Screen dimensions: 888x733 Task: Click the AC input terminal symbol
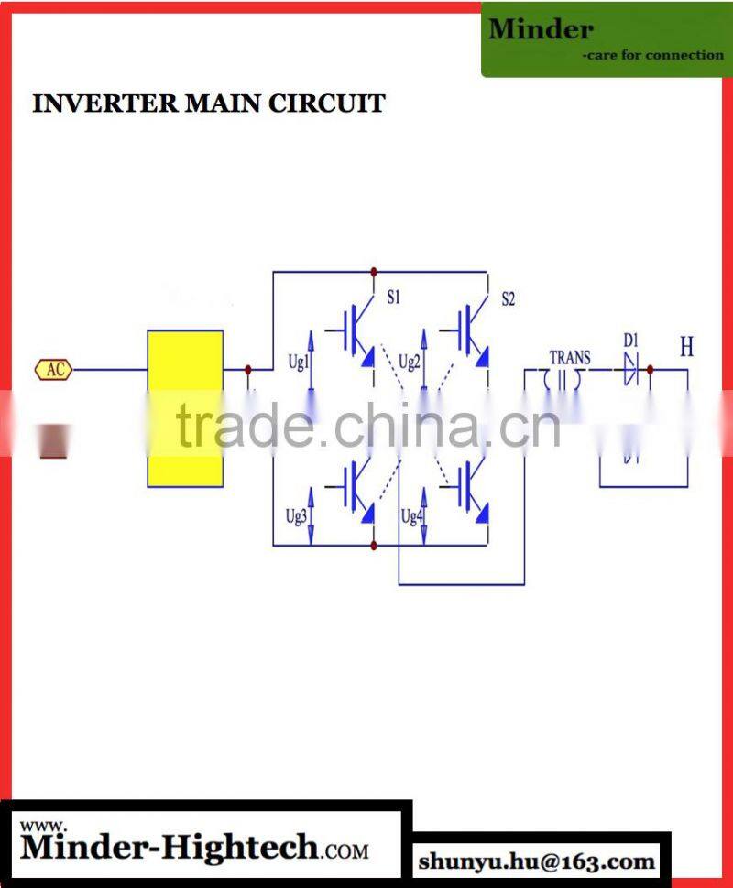pos(54,370)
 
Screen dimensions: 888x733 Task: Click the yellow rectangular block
pos(185,408)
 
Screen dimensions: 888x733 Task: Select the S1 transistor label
pos(393,298)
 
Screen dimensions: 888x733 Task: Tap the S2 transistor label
pos(508,299)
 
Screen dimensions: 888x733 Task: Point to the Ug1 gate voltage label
pos(299,362)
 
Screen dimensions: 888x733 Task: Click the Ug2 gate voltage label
pos(410,362)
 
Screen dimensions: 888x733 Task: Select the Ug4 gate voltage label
pos(411,516)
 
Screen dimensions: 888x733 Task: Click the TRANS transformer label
pos(569,358)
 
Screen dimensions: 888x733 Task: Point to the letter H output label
pos(686,348)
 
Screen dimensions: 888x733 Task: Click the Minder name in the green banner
pos(541,29)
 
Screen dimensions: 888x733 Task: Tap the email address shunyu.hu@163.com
pos(537,861)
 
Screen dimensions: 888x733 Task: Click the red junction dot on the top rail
pos(373,272)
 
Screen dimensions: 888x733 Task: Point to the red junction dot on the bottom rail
pos(373,546)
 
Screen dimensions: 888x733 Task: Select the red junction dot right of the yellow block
pos(248,370)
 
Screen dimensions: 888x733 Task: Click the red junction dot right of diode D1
pos(650,370)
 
